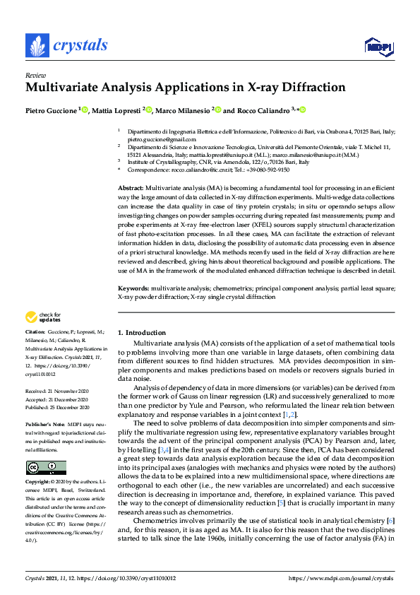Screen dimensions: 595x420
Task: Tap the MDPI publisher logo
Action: [378, 47]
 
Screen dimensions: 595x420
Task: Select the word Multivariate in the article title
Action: [63, 88]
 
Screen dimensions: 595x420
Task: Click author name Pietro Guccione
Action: [52, 110]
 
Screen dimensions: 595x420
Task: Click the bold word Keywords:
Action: [133, 288]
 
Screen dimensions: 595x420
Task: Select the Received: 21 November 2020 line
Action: [57, 390]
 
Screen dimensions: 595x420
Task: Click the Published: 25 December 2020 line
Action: [57, 408]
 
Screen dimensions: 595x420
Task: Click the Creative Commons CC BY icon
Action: [41, 467]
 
